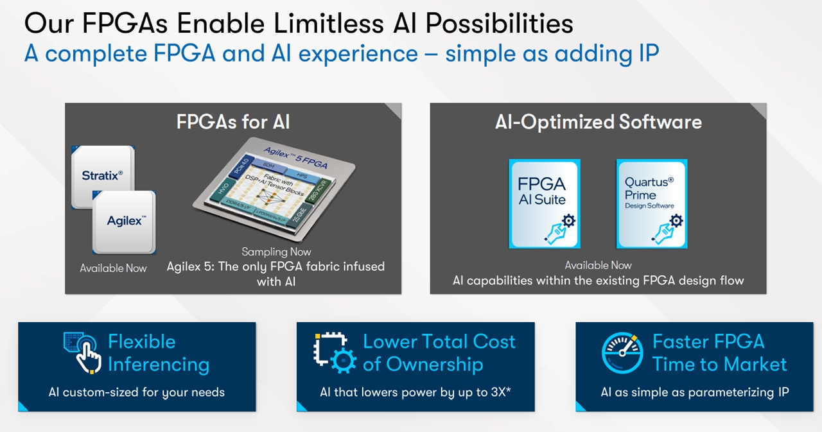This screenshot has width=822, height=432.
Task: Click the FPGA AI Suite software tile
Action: [544, 203]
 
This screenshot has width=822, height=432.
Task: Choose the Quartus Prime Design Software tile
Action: [652, 203]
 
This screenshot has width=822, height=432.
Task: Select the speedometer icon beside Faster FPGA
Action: [622, 352]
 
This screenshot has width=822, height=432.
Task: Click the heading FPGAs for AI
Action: [233, 122]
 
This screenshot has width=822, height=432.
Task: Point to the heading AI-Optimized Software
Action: [598, 122]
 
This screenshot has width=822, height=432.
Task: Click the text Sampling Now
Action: [276, 252]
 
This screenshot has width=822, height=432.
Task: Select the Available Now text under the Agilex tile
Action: [113, 268]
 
